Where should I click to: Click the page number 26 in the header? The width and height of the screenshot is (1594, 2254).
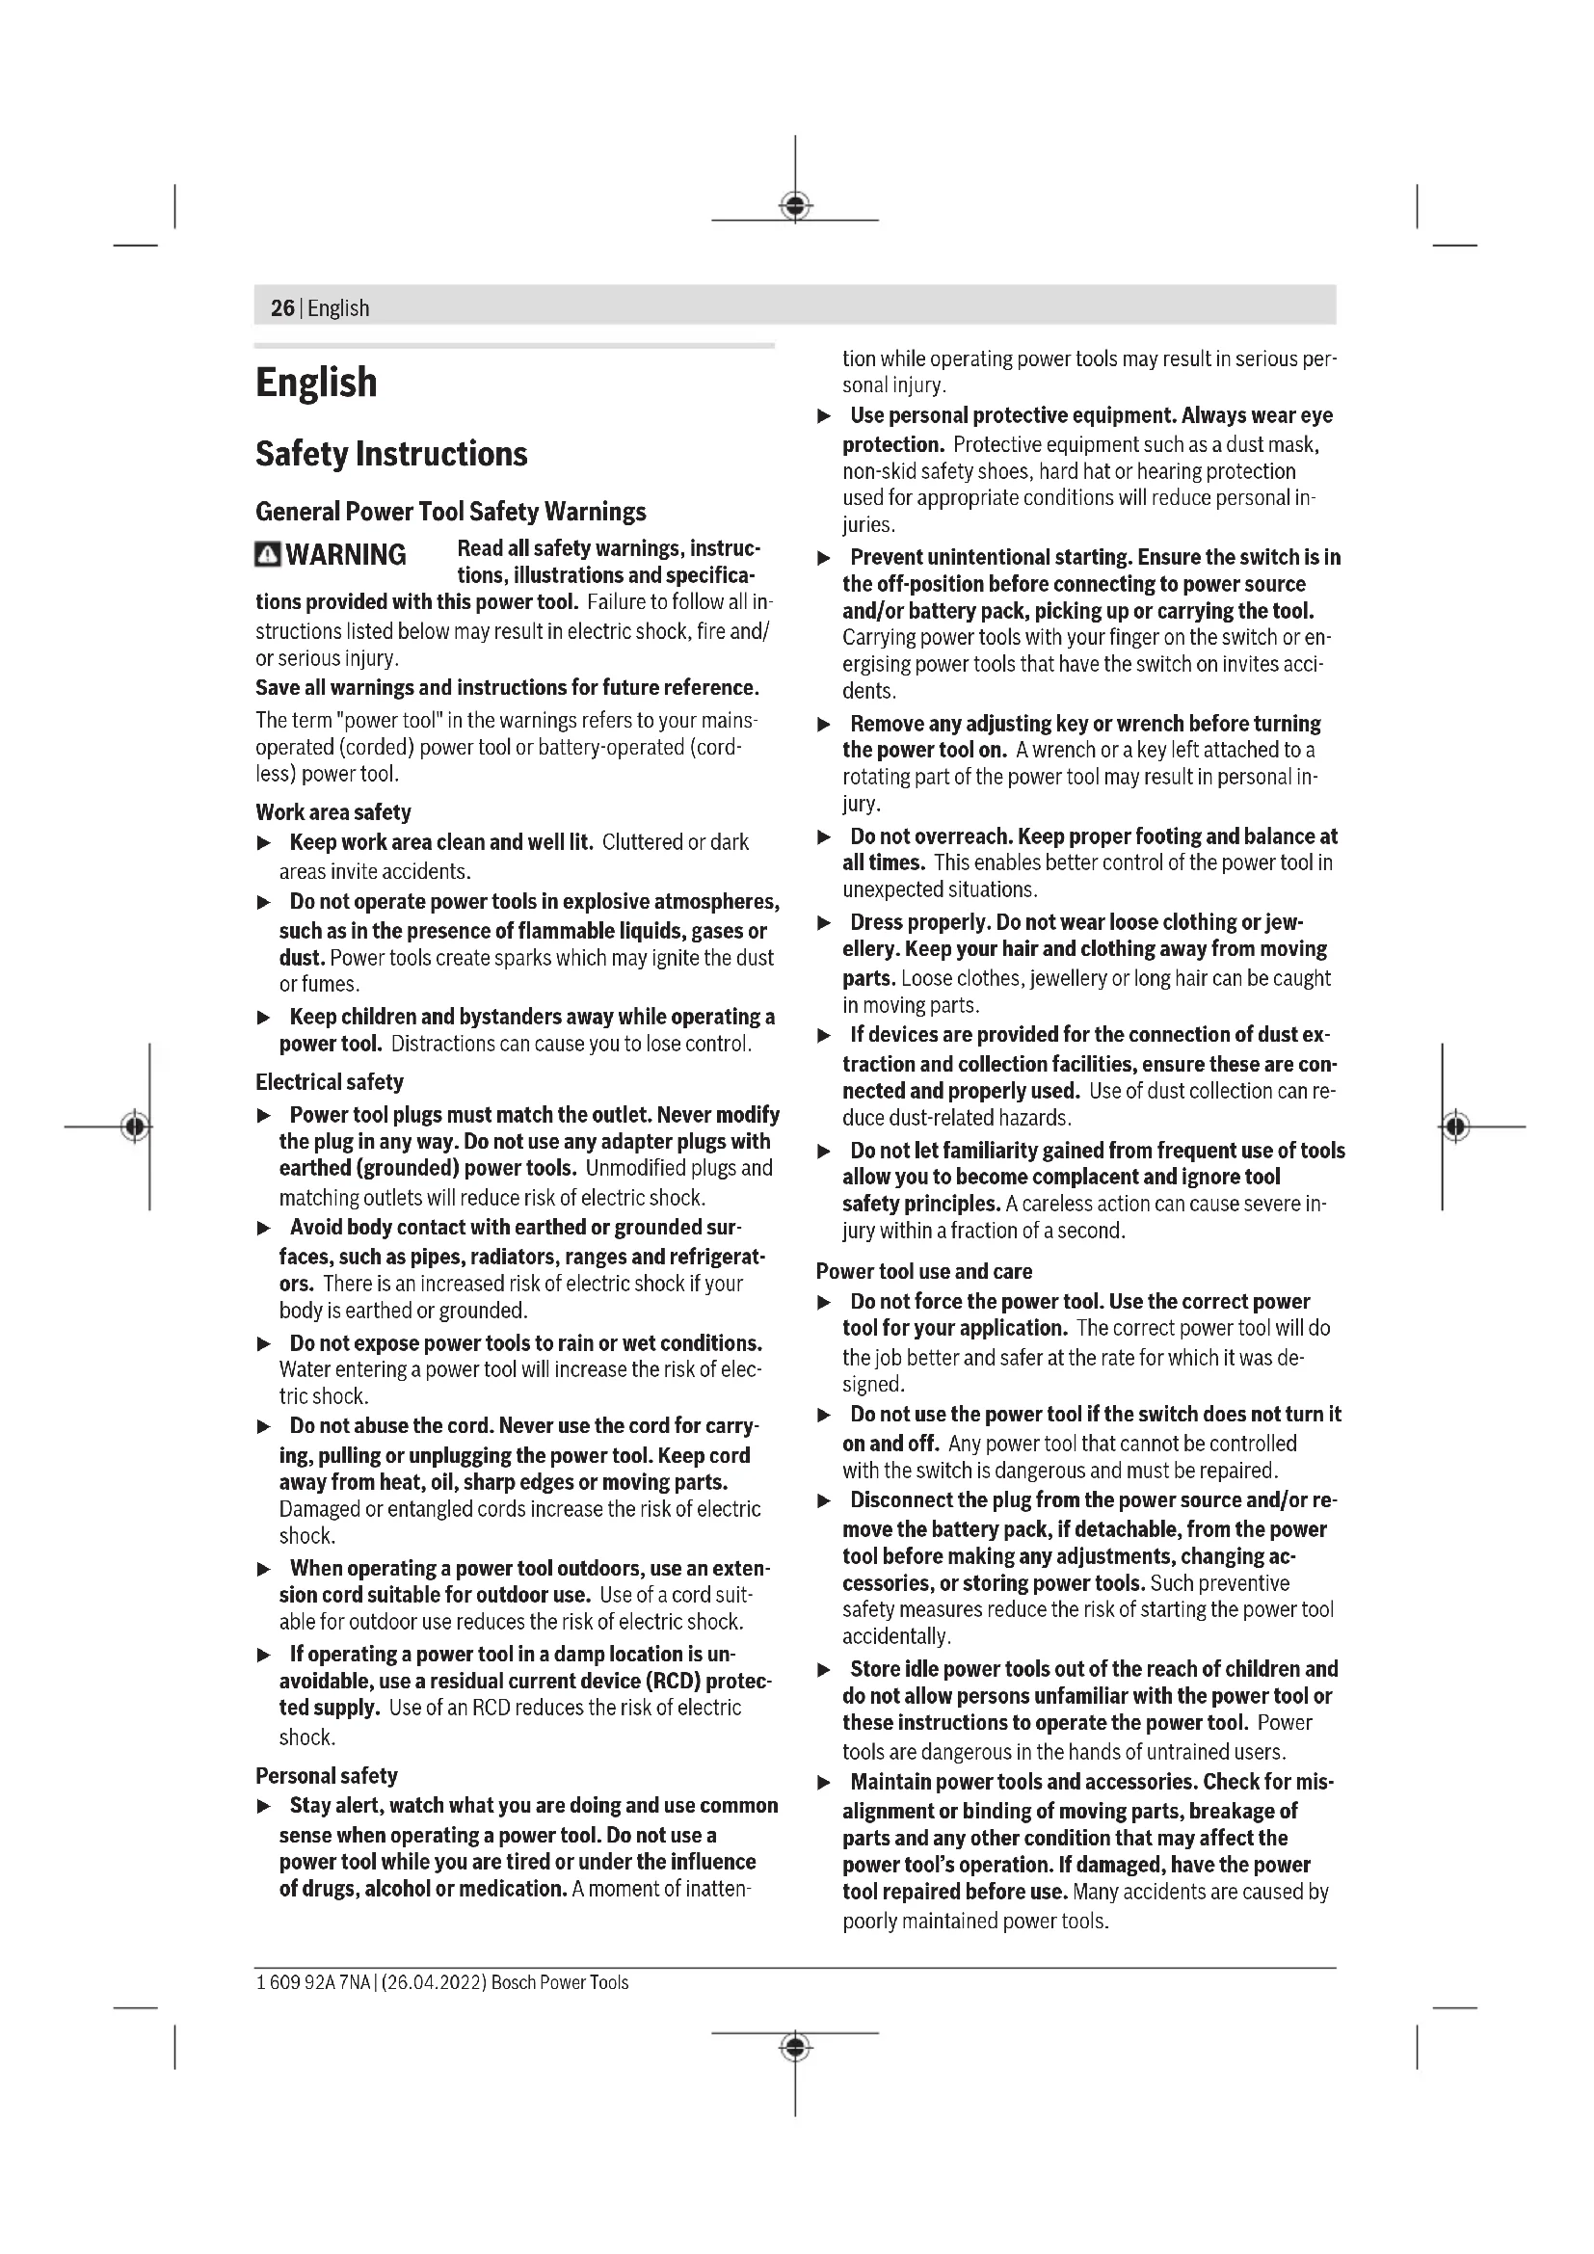pyautogui.click(x=281, y=308)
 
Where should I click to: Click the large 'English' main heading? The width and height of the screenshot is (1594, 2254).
pyautogui.click(x=316, y=383)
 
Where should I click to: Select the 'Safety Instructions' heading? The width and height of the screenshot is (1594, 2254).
pyautogui.click(x=390, y=454)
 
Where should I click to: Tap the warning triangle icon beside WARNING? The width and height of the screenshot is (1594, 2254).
pyautogui.click(x=267, y=555)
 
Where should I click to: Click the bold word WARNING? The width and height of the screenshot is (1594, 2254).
pyautogui.click(x=346, y=555)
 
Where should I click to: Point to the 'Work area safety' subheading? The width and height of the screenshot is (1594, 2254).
pyautogui.click(x=332, y=811)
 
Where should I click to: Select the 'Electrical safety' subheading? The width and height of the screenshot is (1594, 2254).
pyautogui.click(x=329, y=1082)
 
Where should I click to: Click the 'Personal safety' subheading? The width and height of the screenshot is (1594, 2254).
pyautogui.click(x=326, y=1775)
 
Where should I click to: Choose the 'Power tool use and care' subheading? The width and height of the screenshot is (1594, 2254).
pyautogui.click(x=923, y=1271)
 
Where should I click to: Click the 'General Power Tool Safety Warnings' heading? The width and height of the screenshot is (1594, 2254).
pyautogui.click(x=450, y=512)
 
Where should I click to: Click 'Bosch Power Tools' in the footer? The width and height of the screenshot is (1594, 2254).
pyautogui.click(x=560, y=1982)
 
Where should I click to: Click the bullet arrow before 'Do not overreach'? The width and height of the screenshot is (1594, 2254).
pyautogui.click(x=825, y=837)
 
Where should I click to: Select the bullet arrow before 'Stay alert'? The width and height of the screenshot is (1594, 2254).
pyautogui.click(x=263, y=1806)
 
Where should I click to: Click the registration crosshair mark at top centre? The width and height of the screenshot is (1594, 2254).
pyautogui.click(x=795, y=206)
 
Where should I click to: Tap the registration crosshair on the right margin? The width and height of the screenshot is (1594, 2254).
pyautogui.click(x=1456, y=1126)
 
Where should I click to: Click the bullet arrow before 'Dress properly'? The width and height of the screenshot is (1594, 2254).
pyautogui.click(x=825, y=923)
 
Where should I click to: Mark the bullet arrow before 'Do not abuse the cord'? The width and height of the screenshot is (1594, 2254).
pyautogui.click(x=263, y=1426)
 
